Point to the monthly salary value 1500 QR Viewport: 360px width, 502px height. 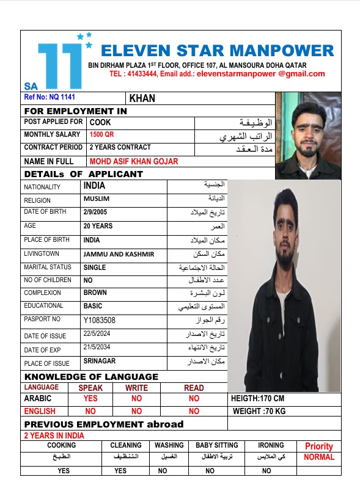(x=101, y=135)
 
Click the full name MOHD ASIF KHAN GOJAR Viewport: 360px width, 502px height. (x=134, y=161)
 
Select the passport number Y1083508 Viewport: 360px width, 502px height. (x=100, y=320)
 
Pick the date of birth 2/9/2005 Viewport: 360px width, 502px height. (x=95, y=213)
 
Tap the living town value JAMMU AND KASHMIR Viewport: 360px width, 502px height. (x=119, y=254)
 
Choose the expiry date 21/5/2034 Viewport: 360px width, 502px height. (x=99, y=347)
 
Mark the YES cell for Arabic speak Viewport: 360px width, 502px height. (x=90, y=399)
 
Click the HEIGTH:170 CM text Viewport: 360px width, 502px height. (x=258, y=399)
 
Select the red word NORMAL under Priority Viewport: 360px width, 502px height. (x=319, y=457)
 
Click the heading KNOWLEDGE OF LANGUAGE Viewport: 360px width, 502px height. (x=91, y=377)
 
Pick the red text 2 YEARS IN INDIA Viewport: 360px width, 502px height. (x=54, y=435)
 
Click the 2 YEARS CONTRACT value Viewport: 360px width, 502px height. (x=120, y=148)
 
